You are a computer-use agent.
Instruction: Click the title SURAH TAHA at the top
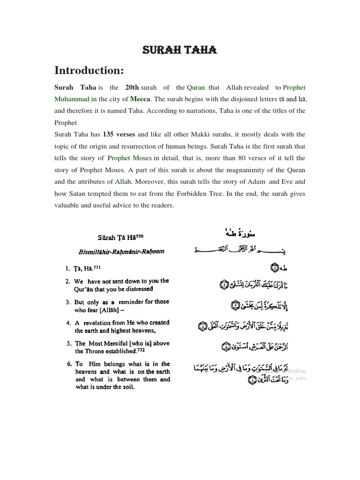point(180,51)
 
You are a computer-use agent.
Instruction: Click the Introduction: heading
point(89,70)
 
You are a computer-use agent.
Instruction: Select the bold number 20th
point(133,87)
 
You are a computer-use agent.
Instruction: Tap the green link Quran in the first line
point(196,87)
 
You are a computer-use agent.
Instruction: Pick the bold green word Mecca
point(140,99)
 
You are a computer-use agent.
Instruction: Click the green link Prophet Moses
point(130,158)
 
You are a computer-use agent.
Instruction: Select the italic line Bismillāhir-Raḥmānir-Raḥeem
point(121,251)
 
